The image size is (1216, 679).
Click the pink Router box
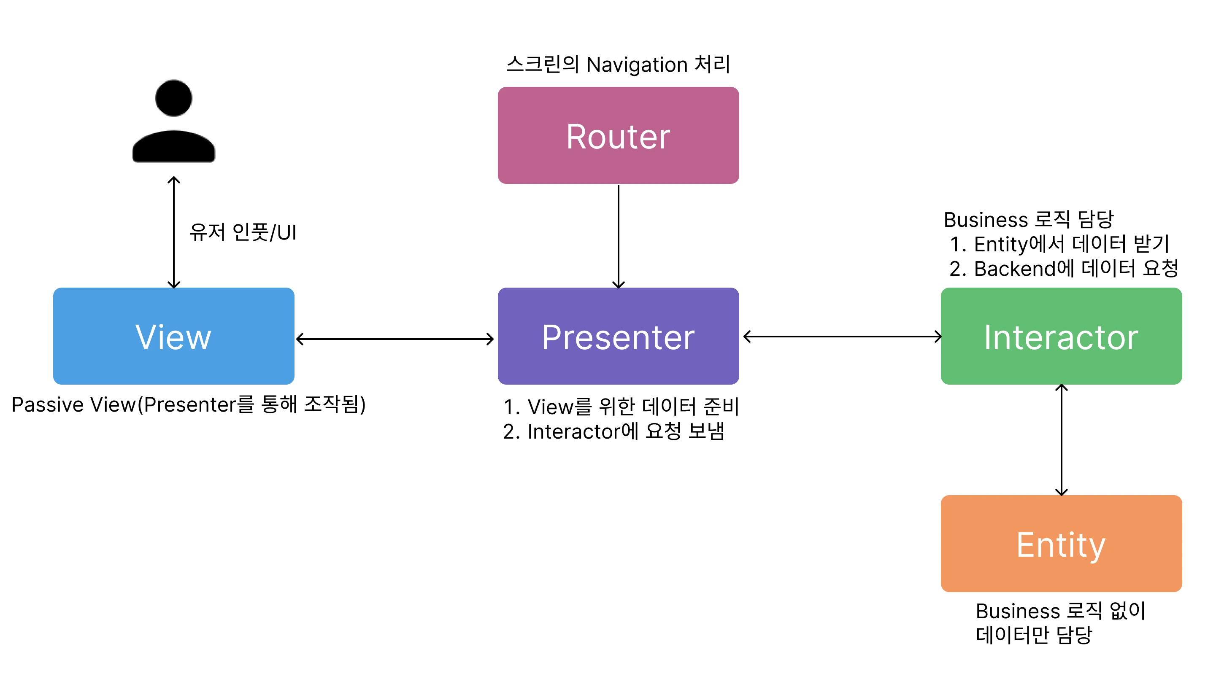tap(618, 135)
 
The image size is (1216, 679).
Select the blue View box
tap(173, 336)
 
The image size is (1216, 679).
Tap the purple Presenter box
tap(618, 336)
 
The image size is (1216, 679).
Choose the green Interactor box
tap(1061, 336)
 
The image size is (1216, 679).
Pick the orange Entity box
tap(1061, 543)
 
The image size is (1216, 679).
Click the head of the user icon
tap(173, 98)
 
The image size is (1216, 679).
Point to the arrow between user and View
tap(174, 232)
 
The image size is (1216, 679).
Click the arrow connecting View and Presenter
tap(395, 339)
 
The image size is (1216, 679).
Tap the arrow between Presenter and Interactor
tap(842, 337)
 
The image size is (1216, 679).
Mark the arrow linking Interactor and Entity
tap(1061, 440)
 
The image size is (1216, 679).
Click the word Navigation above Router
tap(636, 65)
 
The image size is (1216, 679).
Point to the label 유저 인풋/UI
tap(243, 232)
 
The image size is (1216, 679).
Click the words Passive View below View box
tap(73, 404)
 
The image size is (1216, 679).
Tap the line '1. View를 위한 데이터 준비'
tap(621, 406)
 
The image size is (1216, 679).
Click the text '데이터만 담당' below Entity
tap(1034, 635)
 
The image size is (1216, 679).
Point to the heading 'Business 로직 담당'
tap(1028, 219)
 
